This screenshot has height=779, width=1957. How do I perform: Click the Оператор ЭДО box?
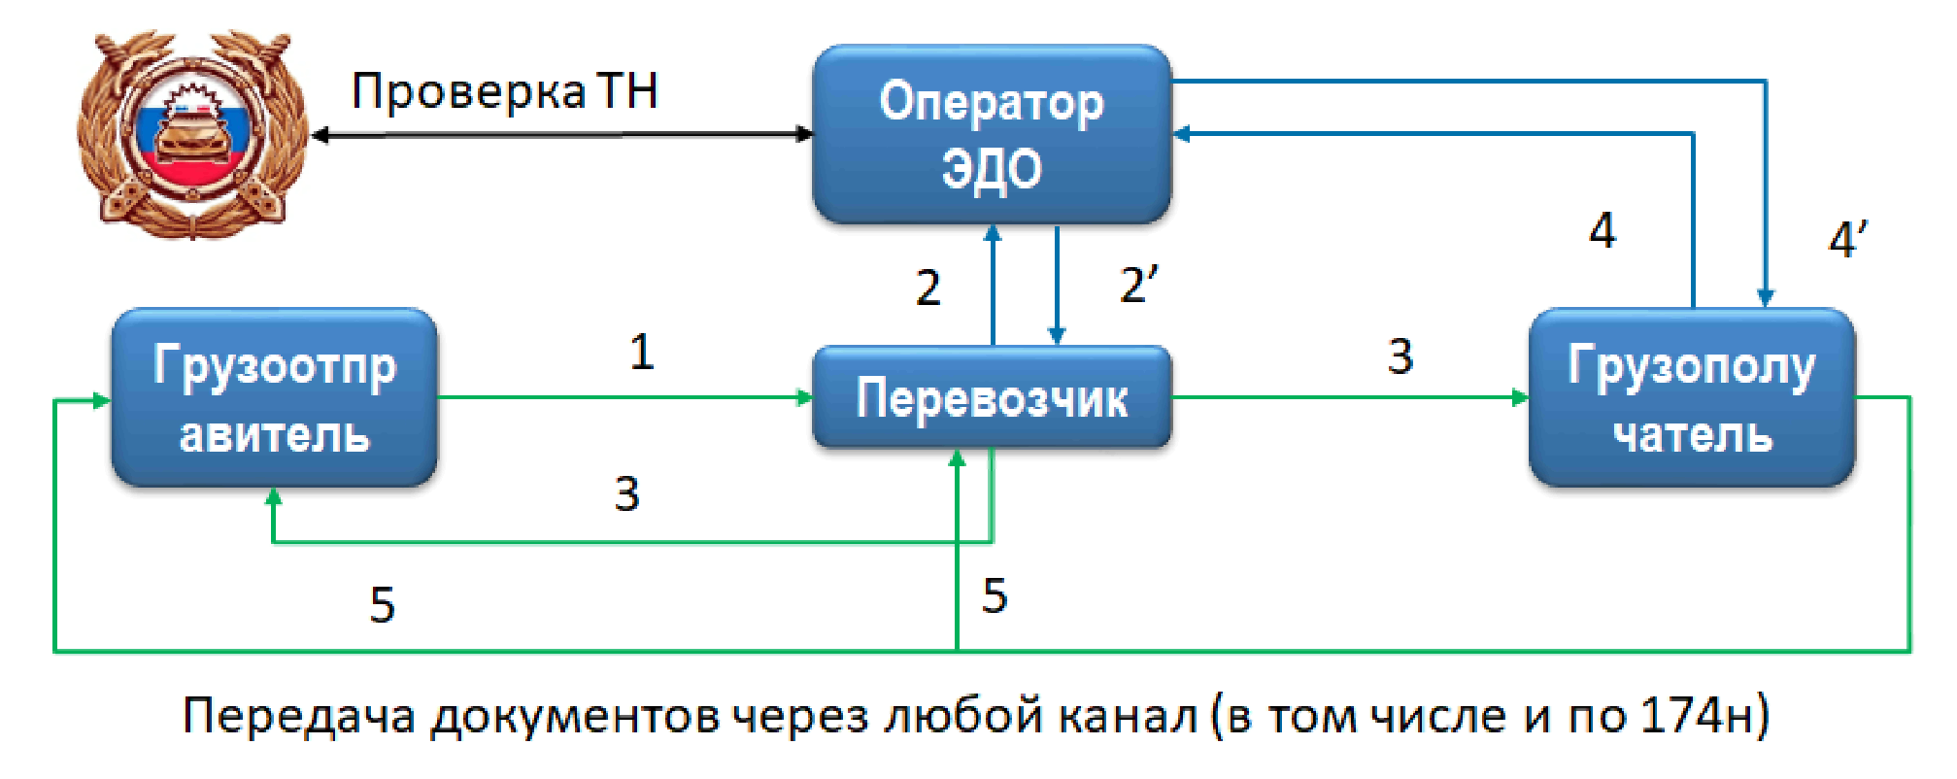click(992, 134)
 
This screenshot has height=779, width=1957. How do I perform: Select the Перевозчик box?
click(992, 397)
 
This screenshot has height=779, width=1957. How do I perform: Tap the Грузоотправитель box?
click(275, 397)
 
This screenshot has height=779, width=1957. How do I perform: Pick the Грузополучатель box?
click(1692, 397)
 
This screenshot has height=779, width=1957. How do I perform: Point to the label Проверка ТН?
click(504, 91)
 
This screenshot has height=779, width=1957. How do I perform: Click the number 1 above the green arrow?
click(641, 352)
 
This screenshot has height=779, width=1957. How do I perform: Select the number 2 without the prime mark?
click(928, 288)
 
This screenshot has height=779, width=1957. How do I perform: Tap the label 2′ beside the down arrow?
click(1137, 286)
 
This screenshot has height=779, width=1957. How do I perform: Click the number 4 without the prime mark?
click(1603, 231)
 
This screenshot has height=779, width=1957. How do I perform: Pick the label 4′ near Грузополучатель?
click(1846, 239)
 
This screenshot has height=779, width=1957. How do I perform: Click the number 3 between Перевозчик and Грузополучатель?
click(1400, 356)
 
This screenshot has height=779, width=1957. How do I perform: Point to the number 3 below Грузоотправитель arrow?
click(626, 494)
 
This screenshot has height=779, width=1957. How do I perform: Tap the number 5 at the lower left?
click(382, 605)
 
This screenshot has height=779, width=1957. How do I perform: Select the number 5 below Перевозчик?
click(994, 595)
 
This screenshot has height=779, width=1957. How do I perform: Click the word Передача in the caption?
click(298, 717)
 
